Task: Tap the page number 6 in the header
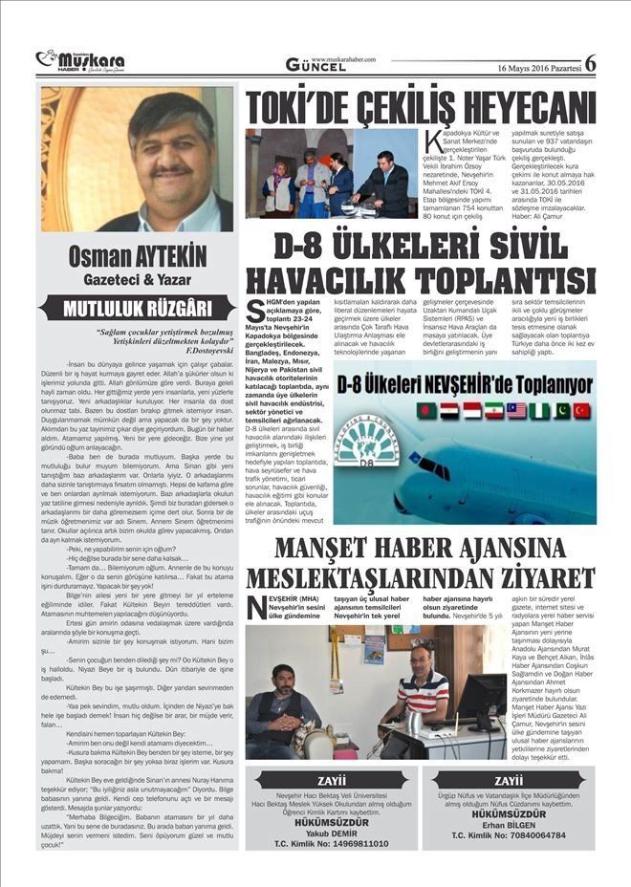coord(590,63)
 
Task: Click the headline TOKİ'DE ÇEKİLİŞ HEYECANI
coord(421,103)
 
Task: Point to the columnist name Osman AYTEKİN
coord(138,258)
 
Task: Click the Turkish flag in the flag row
coord(581,410)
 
